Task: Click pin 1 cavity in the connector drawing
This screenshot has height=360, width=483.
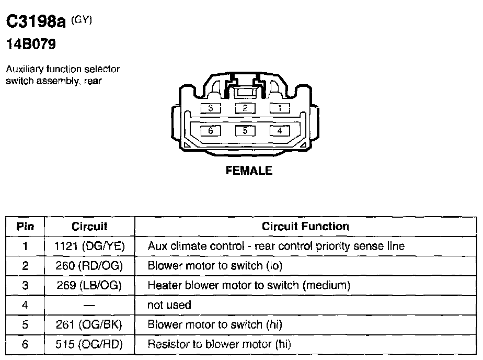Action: click(x=280, y=108)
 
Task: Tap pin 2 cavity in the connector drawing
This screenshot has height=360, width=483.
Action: click(x=245, y=108)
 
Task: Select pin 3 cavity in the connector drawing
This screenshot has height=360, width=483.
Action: click(x=210, y=108)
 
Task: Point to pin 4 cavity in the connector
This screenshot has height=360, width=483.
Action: click(x=280, y=130)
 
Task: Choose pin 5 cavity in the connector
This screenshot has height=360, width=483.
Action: click(x=245, y=130)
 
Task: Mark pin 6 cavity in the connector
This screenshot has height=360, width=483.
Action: click(x=210, y=130)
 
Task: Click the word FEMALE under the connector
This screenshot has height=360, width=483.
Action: click(x=249, y=171)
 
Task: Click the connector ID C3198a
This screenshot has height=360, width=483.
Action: click(x=35, y=22)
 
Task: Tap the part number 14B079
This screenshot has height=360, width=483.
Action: click(x=30, y=45)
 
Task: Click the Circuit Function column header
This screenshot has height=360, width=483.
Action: click(x=305, y=227)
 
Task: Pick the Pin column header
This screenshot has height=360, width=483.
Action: click(x=25, y=227)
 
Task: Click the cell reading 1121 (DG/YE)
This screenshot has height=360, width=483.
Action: click(x=89, y=246)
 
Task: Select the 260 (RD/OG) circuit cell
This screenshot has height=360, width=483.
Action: click(x=89, y=266)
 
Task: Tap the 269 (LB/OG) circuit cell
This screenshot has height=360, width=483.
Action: click(x=89, y=285)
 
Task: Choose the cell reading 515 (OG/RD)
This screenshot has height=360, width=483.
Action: click(x=89, y=344)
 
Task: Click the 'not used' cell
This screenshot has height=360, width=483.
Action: click(x=169, y=305)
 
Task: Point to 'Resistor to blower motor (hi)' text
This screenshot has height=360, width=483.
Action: click(x=219, y=344)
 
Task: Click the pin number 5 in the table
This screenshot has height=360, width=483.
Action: click(x=25, y=325)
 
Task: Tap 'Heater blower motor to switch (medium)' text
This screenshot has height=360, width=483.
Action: click(x=249, y=285)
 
